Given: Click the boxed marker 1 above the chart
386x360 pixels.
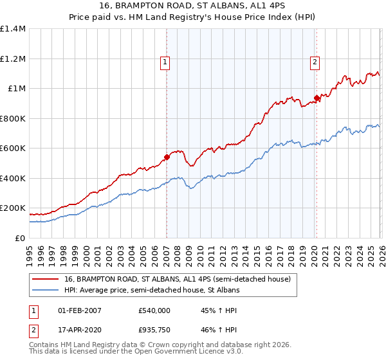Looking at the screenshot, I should click(165, 62).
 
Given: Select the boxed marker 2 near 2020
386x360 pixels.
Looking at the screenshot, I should click(315, 62).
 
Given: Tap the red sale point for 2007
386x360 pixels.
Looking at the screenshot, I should click(167, 156).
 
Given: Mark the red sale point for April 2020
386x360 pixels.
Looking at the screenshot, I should click(317, 98).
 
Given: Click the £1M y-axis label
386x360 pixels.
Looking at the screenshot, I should click(16, 89).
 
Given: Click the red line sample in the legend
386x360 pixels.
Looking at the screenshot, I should click(46, 279).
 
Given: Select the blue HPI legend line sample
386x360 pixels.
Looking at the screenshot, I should click(46, 291).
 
